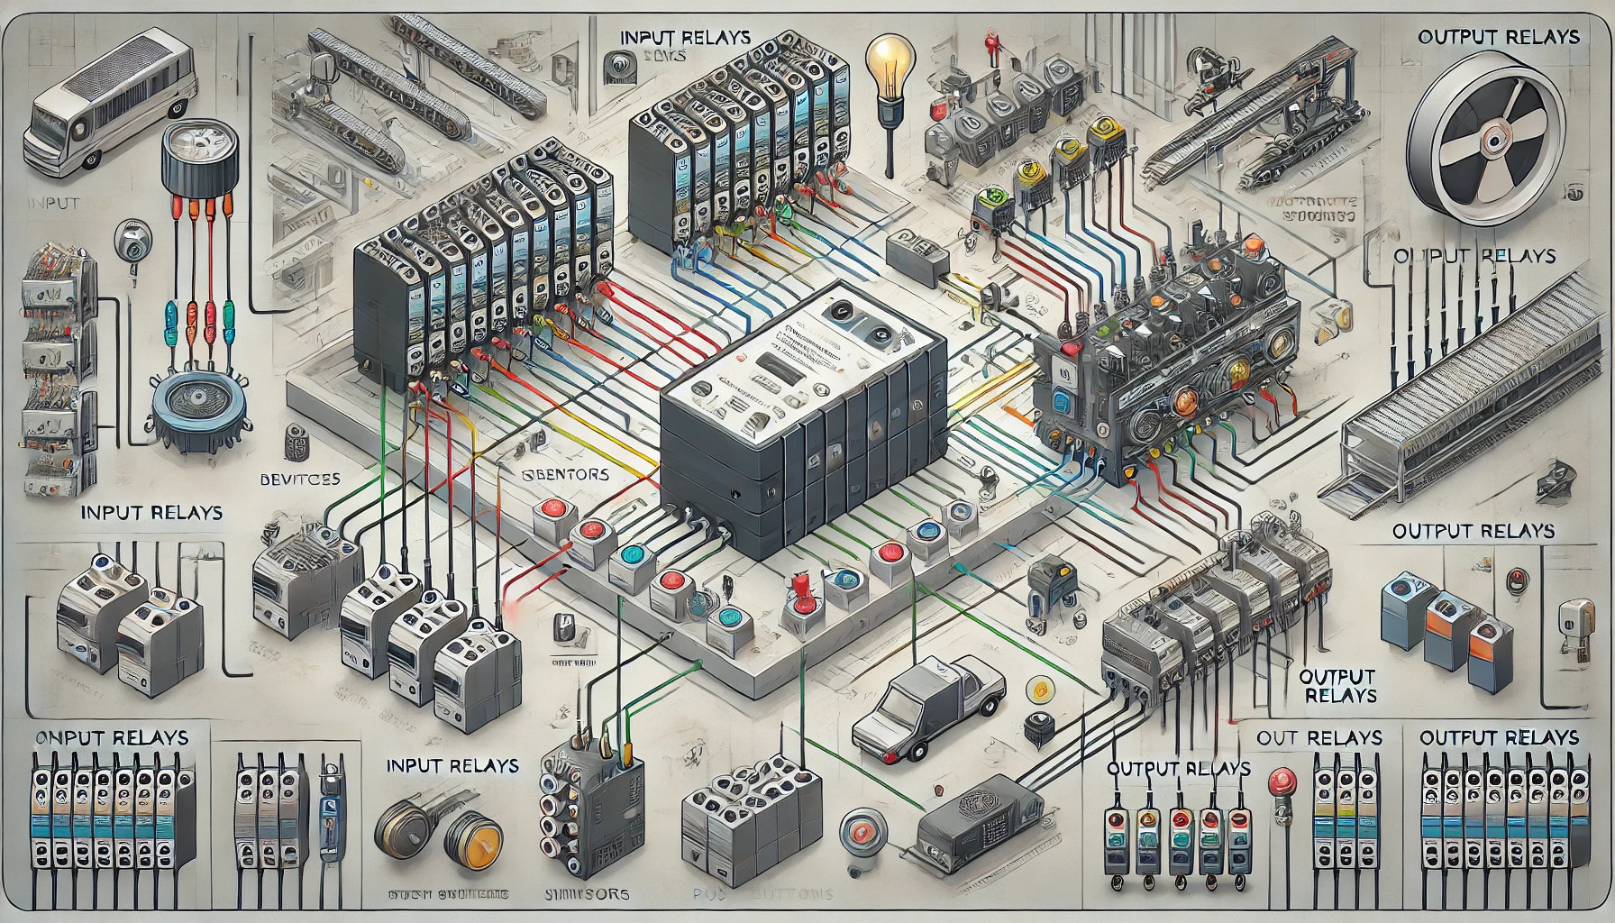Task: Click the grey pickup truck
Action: pos(929,702)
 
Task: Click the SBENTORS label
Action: pos(566,474)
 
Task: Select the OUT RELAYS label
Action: pos(1318,738)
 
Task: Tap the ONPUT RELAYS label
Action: pos(112,737)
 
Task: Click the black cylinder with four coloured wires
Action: pos(198,162)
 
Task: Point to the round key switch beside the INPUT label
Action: pos(132,242)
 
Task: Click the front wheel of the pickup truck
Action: pos(918,750)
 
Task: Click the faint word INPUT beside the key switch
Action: pos(54,203)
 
